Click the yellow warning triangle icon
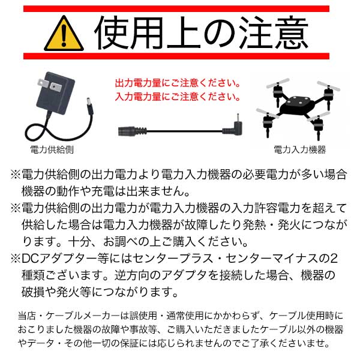tap(64, 34)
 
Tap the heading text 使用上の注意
tap(202, 33)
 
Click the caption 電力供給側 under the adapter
tap(52, 149)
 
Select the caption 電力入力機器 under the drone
tap(300, 149)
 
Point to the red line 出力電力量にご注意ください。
tap(178, 83)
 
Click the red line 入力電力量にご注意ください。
tap(178, 97)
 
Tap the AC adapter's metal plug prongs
tap(49, 85)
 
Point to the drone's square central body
tap(298, 104)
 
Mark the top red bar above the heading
tap(176, 9)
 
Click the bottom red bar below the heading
tap(176, 56)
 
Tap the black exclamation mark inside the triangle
tap(64, 35)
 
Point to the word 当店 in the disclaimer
tap(26, 316)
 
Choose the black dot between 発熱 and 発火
tap(272, 225)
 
